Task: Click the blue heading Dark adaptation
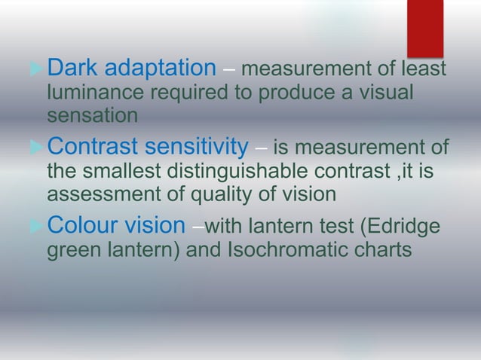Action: [131, 69]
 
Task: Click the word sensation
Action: [92, 117]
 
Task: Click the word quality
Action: [212, 195]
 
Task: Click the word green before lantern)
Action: [72, 250]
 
